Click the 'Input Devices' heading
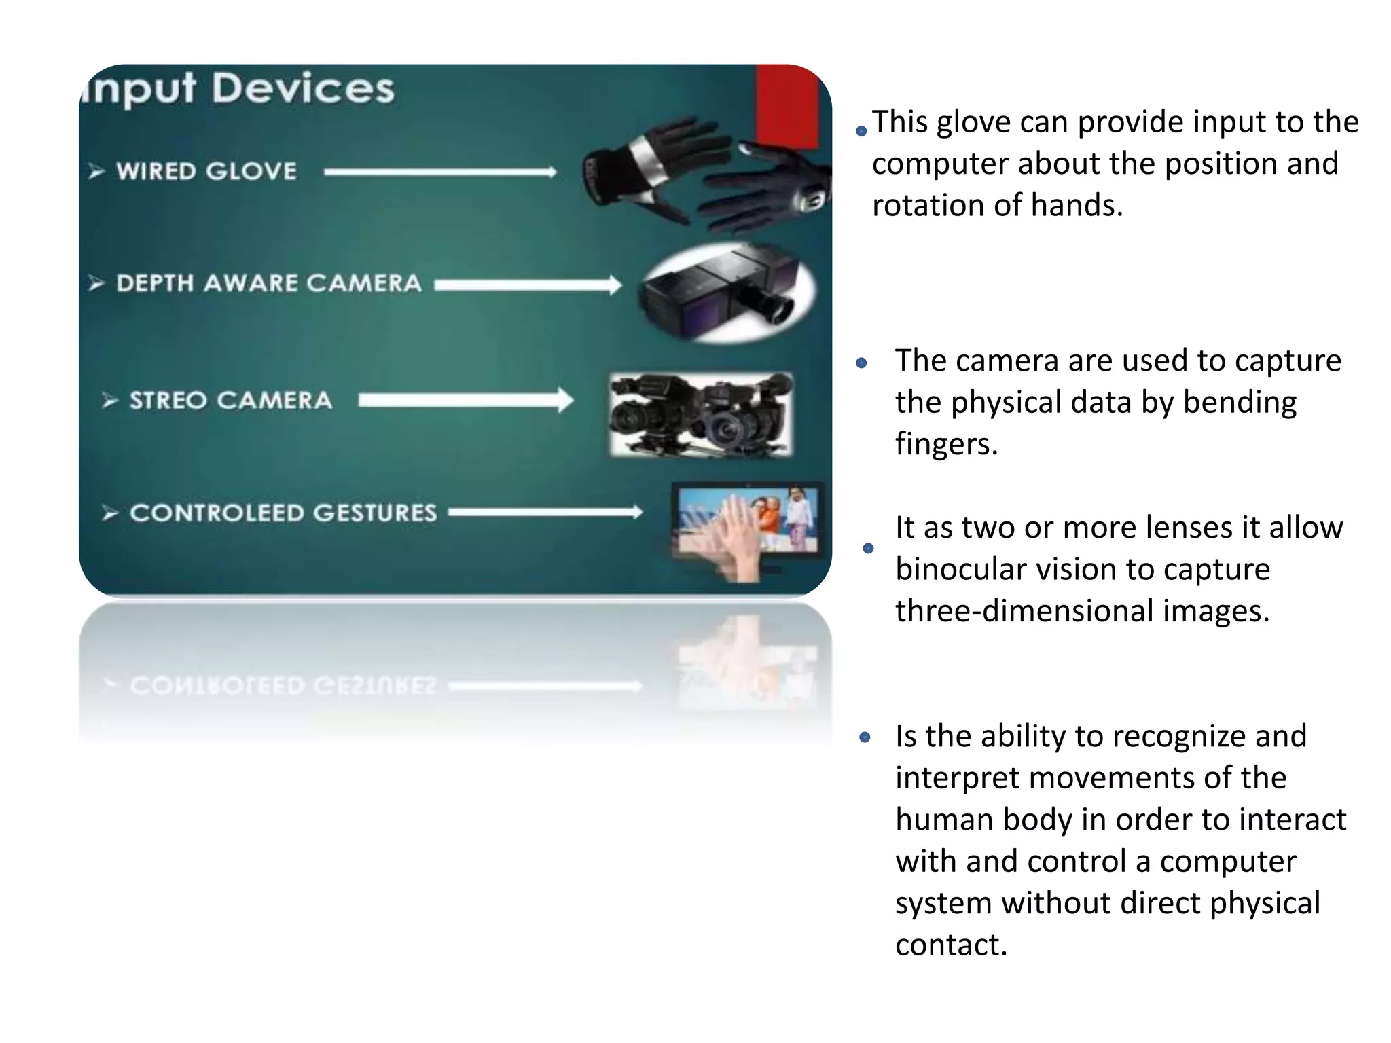pos(238,88)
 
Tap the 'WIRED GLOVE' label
pos(206,171)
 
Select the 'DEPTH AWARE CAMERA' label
pos(269,283)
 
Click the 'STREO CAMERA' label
pos(231,401)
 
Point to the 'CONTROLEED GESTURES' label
pos(283,513)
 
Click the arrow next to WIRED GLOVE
pos(440,172)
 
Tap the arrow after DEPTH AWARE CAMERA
pos(528,285)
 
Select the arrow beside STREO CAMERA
pos(466,401)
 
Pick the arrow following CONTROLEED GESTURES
pos(545,512)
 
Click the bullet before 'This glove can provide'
pos(861,130)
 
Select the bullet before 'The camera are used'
pos(862,363)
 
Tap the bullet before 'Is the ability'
pos(865,737)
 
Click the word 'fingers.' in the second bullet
pos(946,444)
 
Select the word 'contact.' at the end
pos(951,945)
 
